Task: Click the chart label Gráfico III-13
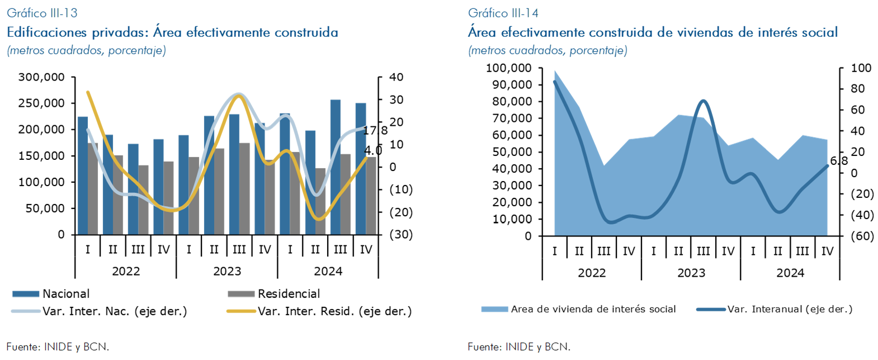[42, 13]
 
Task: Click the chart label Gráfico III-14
[503, 13]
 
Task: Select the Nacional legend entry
[65, 294]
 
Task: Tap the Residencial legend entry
[289, 294]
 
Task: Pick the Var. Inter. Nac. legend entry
[114, 311]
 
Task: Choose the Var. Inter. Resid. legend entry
[334, 311]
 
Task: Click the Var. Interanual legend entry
[789, 309]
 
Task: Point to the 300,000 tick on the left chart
[41, 77]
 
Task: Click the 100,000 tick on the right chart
[508, 68]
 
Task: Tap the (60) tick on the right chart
[862, 236]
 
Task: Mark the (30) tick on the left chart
[401, 234]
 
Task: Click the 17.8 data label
[375, 131]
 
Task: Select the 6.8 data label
[839, 161]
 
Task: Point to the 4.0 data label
[373, 150]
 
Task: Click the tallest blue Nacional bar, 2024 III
[336, 167]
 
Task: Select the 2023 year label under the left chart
[227, 272]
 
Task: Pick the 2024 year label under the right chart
[790, 273]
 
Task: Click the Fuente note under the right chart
[519, 347]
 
